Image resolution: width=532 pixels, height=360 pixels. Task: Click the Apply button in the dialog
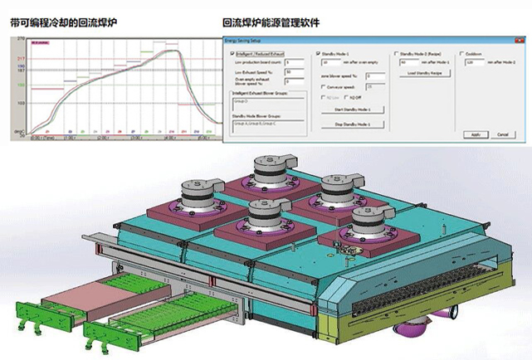(x=475, y=134)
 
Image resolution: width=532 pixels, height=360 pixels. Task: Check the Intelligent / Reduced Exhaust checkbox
(x=231, y=53)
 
